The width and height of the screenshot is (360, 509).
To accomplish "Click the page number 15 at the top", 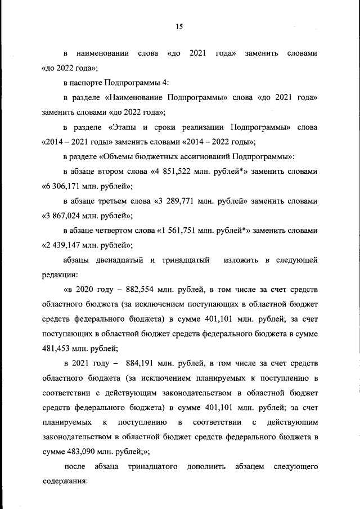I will pos(179,26).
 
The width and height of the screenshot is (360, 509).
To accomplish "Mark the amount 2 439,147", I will pos(66,245).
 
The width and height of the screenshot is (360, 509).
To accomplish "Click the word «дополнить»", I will pos(208,466).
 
